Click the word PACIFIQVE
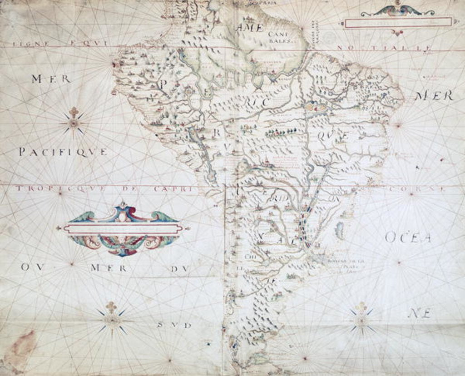(63, 152)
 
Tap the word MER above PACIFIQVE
(51, 79)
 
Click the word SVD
(174, 325)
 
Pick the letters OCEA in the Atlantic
(408, 237)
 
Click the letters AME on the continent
(250, 28)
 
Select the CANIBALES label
(278, 37)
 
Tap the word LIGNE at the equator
(27, 44)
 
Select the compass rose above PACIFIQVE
(74, 122)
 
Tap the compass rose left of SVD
(111, 319)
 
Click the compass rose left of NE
(361, 320)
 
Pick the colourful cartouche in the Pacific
(122, 229)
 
